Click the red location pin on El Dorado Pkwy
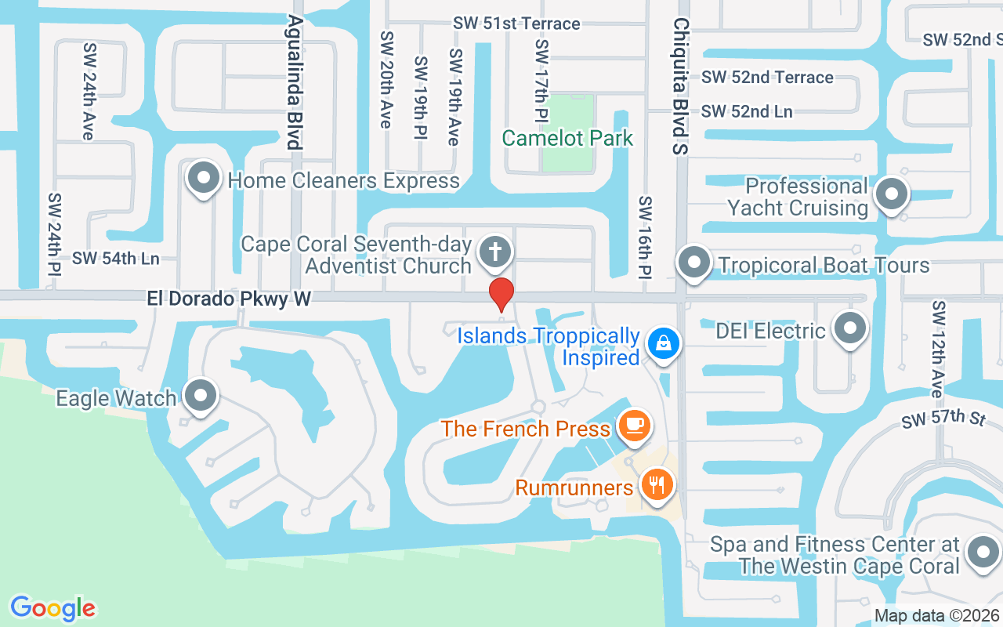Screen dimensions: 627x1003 (501, 294)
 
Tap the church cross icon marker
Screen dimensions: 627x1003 (495, 252)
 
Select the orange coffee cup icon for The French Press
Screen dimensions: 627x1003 (634, 426)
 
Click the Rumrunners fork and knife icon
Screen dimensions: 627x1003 (657, 484)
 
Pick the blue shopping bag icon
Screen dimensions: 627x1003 (664, 342)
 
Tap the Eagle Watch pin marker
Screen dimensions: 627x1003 (201, 395)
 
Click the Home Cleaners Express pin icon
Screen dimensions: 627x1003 (204, 178)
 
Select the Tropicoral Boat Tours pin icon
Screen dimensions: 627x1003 (693, 262)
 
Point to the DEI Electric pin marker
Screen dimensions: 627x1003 (849, 328)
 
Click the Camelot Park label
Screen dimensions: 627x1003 (567, 139)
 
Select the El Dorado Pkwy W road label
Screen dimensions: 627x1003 (229, 299)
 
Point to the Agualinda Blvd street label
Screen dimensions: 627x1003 (295, 82)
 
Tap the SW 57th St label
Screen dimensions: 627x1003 (943, 419)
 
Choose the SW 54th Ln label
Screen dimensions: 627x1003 (115, 258)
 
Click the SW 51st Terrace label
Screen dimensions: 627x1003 (516, 24)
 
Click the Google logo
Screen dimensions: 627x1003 (53, 607)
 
